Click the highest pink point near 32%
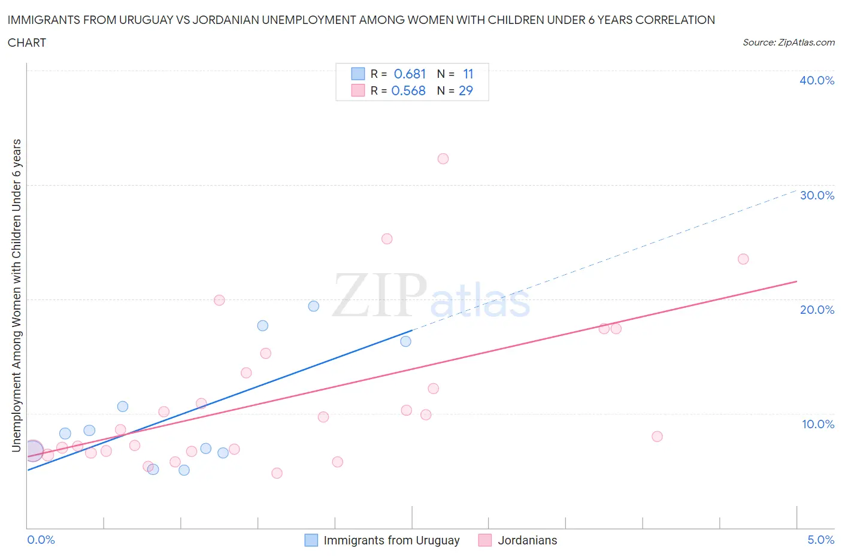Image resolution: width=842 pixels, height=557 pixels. tap(443, 159)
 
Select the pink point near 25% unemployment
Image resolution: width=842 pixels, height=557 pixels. tap(387, 239)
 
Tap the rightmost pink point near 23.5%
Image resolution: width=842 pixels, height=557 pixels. tap(743, 259)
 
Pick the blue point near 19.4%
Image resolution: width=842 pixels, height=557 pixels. tap(314, 306)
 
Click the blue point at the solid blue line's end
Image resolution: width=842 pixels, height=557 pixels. tap(406, 341)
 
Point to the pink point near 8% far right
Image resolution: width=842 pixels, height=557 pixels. tap(657, 437)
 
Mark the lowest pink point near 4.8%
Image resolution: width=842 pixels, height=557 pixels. tap(277, 473)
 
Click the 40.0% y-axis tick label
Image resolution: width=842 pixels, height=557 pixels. tap(817, 81)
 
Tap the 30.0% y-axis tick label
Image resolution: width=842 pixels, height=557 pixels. tap(817, 196)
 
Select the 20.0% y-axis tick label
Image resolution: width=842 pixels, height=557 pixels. tap(817, 310)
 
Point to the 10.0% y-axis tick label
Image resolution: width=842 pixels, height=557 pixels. tap(817, 425)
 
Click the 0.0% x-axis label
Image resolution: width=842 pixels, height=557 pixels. tap(41, 540)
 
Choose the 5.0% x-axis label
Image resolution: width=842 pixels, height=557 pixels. tap(820, 540)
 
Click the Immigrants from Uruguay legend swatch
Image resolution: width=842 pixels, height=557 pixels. tap(311, 540)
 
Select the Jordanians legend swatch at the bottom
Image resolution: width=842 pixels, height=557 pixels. tap(485, 540)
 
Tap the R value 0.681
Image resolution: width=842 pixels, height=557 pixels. tap(410, 74)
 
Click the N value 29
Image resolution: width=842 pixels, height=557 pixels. tap(465, 91)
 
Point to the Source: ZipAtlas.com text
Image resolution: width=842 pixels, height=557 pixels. tap(788, 43)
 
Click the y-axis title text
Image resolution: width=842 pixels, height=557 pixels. tap(17, 295)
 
